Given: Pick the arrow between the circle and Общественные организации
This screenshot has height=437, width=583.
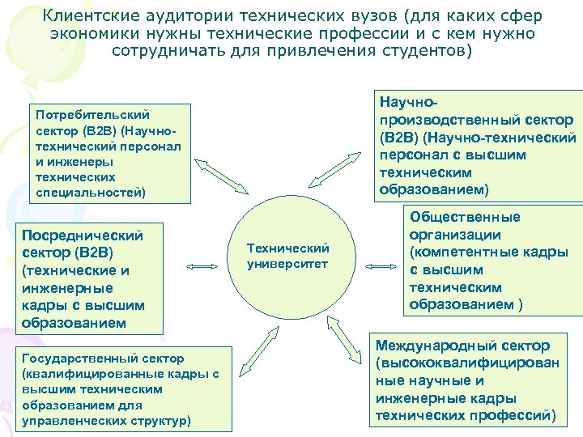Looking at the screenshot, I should coord(375,265).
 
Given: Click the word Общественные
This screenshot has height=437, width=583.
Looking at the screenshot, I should coord(465,217).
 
